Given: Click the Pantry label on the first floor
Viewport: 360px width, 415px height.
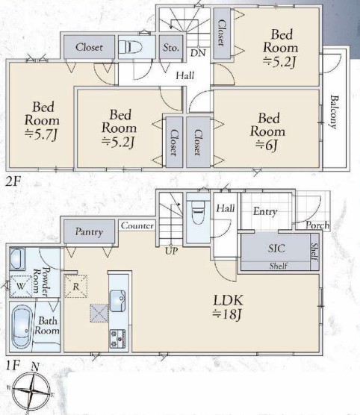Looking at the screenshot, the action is click(x=89, y=232).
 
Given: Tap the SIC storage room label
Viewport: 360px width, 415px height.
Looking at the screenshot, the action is click(x=276, y=249).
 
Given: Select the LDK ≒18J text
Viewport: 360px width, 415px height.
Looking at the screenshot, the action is click(x=228, y=307).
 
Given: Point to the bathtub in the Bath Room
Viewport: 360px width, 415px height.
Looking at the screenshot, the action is click(x=21, y=326).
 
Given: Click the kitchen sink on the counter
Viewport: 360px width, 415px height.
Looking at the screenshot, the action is click(x=117, y=301).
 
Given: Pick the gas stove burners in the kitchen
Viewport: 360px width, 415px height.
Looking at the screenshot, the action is click(x=117, y=339).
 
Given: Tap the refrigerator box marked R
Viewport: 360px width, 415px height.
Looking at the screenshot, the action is click(x=75, y=287).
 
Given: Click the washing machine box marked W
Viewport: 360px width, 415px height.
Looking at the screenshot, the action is click(x=21, y=287).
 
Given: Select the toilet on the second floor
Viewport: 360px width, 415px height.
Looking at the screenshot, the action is click(x=130, y=47).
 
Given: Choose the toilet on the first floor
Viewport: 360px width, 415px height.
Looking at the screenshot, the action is click(x=198, y=212).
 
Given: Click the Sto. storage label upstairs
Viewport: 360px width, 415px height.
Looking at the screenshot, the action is click(x=171, y=48).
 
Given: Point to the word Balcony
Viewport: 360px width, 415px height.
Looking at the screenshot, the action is click(x=335, y=112).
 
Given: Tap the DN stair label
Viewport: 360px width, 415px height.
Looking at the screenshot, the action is click(x=198, y=53).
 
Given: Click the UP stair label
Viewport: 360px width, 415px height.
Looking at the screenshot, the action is click(x=171, y=251).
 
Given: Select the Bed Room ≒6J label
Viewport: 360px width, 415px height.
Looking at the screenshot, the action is click(x=268, y=131).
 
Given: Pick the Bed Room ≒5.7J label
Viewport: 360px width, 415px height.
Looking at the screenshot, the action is click(x=42, y=121).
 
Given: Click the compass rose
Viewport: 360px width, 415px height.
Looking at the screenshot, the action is click(x=31, y=390).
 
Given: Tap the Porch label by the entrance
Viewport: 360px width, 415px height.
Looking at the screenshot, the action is click(x=317, y=225).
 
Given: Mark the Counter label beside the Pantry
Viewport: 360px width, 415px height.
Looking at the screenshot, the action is click(x=137, y=225).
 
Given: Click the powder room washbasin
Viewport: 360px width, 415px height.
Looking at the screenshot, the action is click(x=17, y=259).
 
